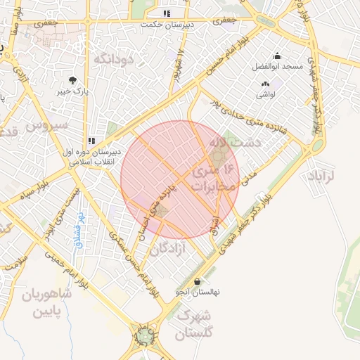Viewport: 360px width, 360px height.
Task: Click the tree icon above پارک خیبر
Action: point(72,80)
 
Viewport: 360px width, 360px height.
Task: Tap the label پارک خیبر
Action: point(73,91)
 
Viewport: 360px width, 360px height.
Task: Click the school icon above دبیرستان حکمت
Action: point(167,13)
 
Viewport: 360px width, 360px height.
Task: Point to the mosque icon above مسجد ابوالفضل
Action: point(277,56)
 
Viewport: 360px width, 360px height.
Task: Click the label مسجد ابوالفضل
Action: point(278,67)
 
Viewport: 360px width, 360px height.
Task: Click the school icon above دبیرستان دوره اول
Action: point(91,141)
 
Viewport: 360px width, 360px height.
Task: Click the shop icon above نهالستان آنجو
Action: point(196,281)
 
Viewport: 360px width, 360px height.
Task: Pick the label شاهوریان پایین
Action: point(47,302)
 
